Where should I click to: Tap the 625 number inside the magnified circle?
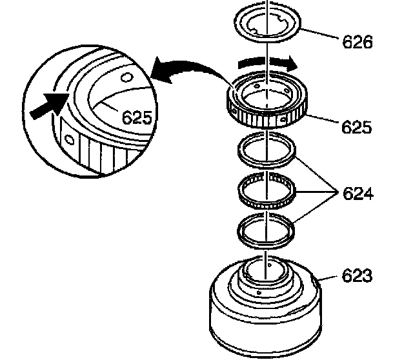pos(137,117)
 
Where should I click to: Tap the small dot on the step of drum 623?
pos(259,292)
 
